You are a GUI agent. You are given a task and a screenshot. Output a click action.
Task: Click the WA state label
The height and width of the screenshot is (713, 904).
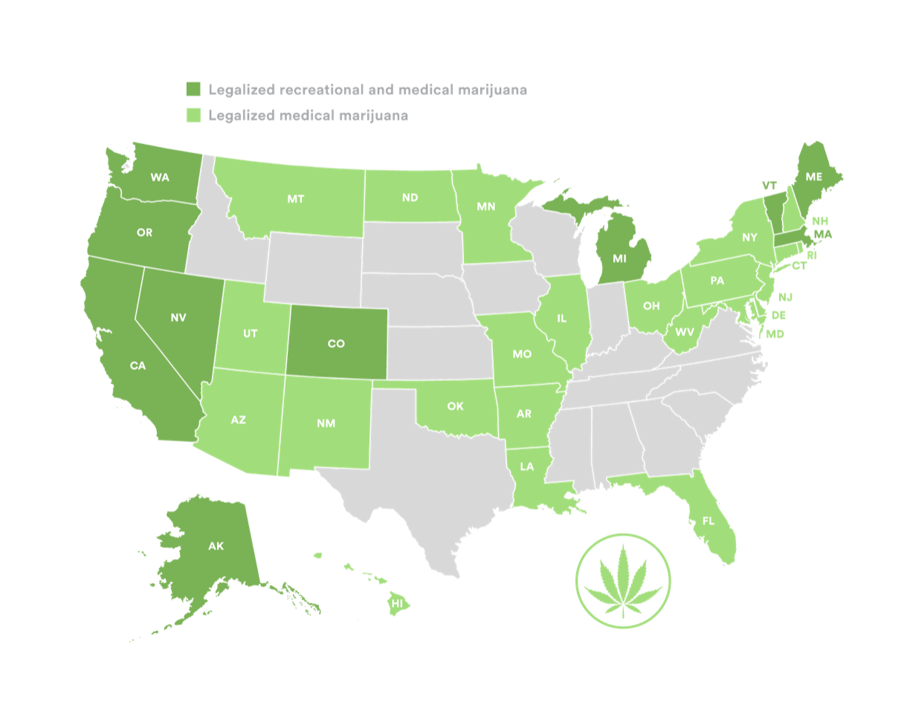[160, 178]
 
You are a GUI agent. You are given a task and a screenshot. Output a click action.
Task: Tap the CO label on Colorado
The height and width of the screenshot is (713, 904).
[336, 344]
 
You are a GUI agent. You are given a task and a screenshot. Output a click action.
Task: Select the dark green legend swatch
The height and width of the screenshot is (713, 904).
[193, 90]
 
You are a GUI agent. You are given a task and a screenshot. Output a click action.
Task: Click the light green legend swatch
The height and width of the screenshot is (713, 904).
[193, 115]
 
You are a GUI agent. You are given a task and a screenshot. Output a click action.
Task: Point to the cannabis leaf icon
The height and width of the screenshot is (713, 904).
[623, 581]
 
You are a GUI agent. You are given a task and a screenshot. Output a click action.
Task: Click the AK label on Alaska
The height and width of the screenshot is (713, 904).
[216, 546]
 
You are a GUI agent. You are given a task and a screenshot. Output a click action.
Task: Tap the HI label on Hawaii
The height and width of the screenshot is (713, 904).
[398, 604]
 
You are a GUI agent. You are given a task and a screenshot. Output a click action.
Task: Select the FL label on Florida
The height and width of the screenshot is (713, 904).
[708, 521]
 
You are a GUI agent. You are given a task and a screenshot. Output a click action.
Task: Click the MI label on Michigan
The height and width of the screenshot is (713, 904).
[619, 258]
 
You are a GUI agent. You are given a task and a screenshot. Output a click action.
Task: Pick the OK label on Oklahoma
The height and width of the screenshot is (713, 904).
[455, 406]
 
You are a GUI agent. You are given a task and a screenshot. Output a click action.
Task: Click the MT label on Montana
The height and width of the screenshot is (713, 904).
[295, 199]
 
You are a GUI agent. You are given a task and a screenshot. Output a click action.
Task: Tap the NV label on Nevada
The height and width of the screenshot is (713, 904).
[178, 318]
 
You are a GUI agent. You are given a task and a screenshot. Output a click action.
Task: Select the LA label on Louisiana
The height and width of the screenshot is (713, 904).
[526, 467]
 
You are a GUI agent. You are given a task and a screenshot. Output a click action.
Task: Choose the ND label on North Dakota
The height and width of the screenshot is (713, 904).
[410, 198]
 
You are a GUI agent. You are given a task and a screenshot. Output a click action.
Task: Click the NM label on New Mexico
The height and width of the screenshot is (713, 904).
[326, 423]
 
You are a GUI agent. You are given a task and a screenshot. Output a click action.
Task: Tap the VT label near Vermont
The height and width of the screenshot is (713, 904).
[769, 185]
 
